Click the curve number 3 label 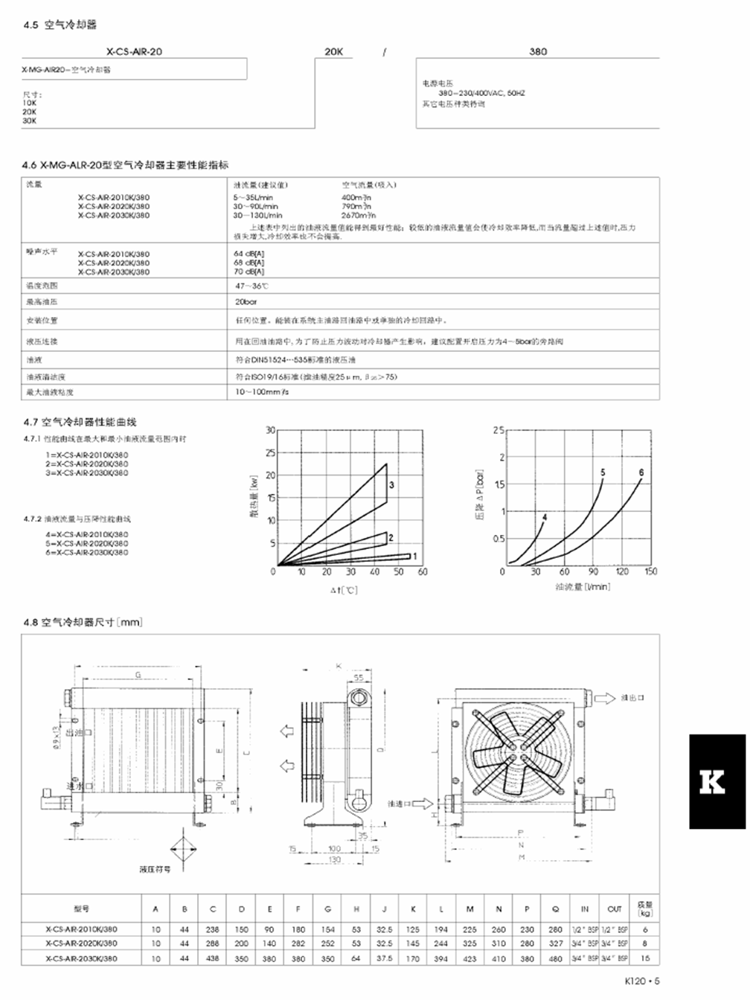pos(391,485)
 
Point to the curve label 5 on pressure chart pos(603,472)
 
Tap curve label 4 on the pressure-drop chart pos(545,516)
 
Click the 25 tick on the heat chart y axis pos(270,452)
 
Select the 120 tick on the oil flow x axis pos(622,571)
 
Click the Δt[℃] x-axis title pos(344,590)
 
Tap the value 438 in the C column pos(213,958)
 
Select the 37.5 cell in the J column pos(385,958)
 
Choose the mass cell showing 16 pos(645,958)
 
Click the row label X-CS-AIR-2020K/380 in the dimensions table pos(81,943)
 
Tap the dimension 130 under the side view pos(335,859)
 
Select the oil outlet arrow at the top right pos(608,698)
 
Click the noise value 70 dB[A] pos(249,272)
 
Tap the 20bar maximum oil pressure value pos(246,303)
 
